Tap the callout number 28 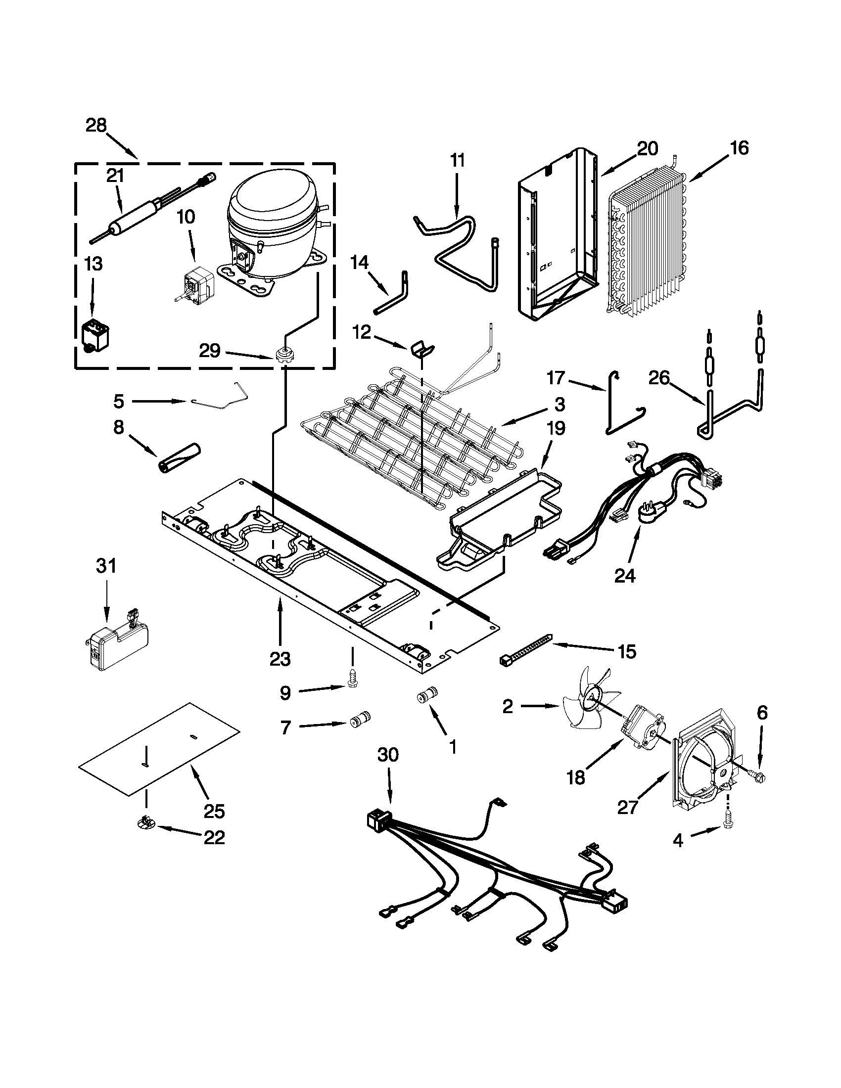(x=96, y=126)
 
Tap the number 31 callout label (x=106, y=566)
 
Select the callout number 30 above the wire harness (x=388, y=756)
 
